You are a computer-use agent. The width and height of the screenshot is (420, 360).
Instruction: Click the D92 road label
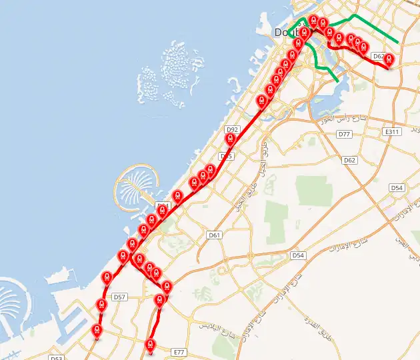(x=232, y=129)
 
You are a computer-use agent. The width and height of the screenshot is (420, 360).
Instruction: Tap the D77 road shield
(x=344, y=134)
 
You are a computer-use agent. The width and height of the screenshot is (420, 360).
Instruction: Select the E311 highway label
(x=392, y=133)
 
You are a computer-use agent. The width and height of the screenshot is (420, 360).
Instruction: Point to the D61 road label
(x=214, y=235)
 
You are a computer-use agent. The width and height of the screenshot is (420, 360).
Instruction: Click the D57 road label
(x=119, y=297)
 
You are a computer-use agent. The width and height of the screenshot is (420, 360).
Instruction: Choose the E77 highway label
(x=178, y=351)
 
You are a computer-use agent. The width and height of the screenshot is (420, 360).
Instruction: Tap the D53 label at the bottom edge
(x=56, y=358)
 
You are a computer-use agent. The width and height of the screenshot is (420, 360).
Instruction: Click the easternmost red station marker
(x=389, y=61)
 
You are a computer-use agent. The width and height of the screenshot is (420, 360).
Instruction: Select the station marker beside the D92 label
(x=231, y=139)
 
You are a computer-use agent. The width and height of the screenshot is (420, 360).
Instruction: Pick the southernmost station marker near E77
(x=150, y=345)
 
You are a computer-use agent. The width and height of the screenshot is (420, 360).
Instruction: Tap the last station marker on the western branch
(x=97, y=331)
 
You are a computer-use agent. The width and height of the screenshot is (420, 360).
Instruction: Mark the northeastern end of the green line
(x=398, y=42)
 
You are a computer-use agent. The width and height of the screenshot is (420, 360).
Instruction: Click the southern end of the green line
(x=338, y=81)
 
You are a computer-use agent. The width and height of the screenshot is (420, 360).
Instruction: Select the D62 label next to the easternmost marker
(x=378, y=57)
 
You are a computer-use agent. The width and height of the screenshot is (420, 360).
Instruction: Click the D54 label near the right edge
(x=397, y=188)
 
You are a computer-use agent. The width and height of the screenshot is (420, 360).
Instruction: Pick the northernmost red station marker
(x=313, y=21)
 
